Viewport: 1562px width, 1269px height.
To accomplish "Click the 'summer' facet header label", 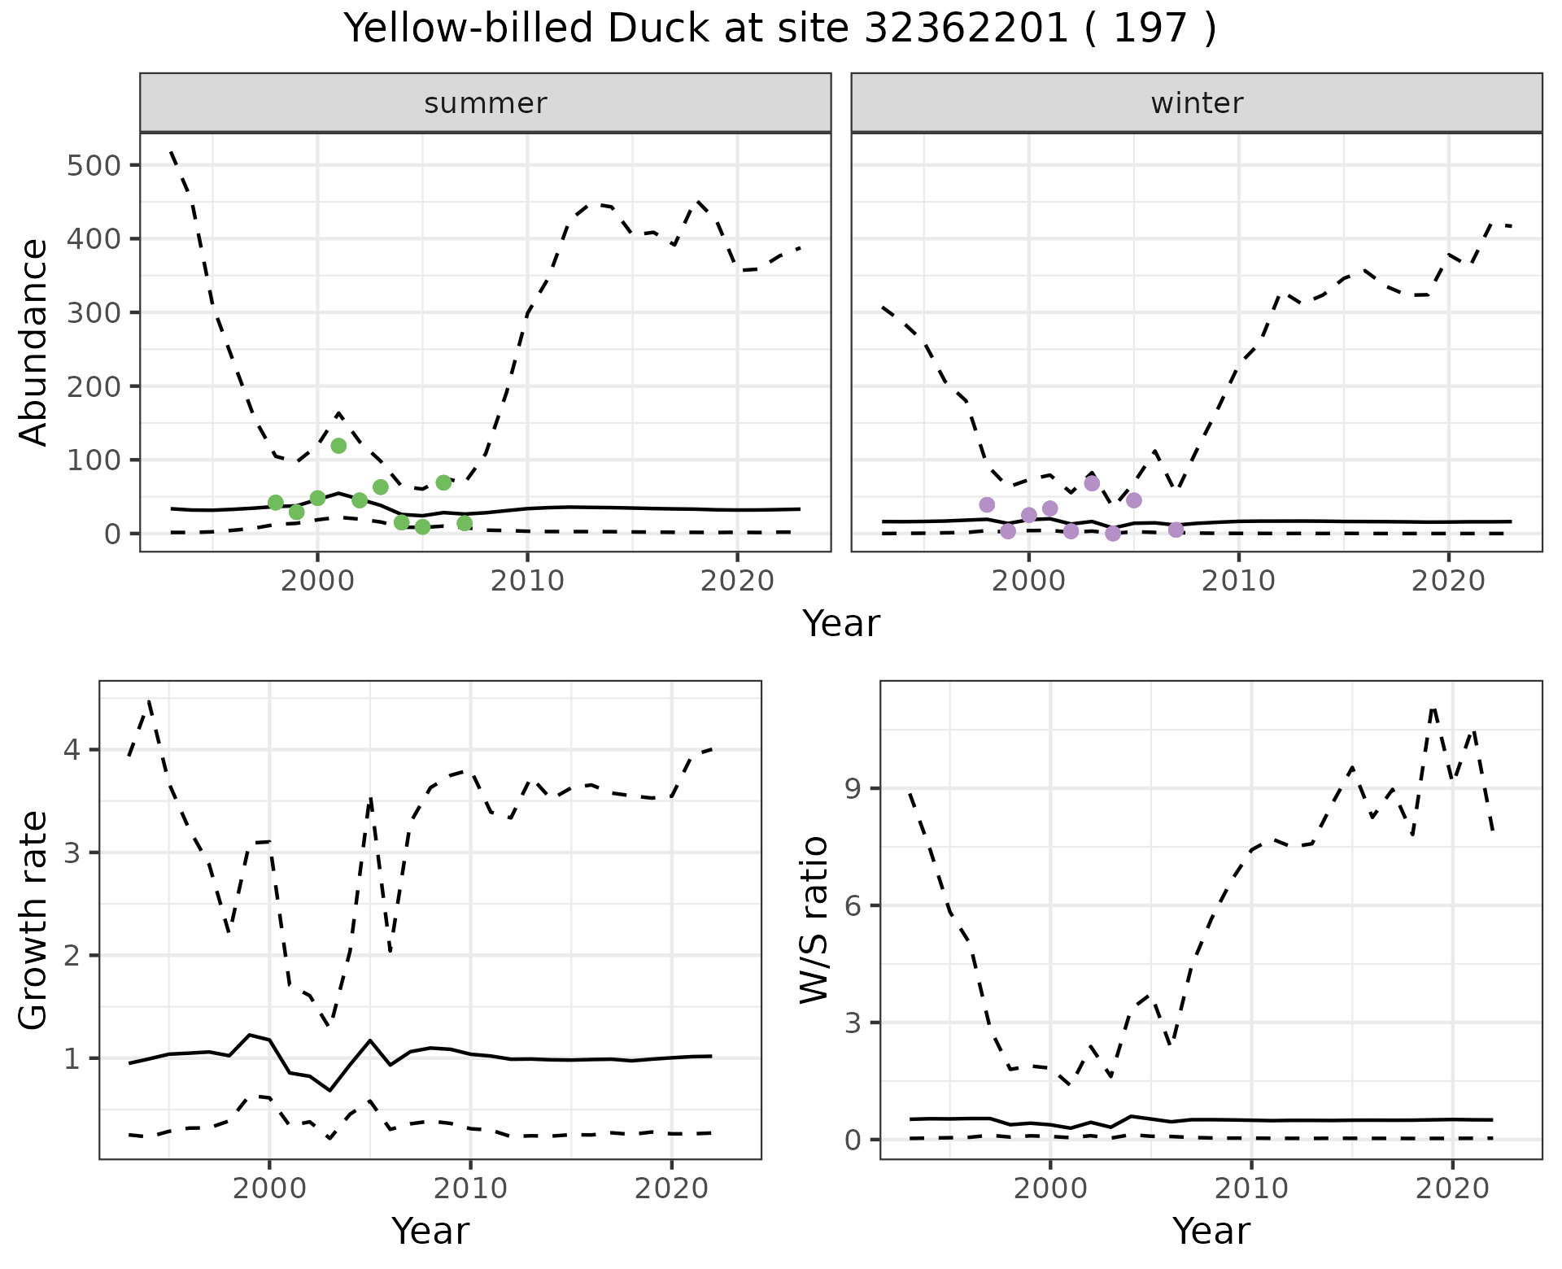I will (486, 103).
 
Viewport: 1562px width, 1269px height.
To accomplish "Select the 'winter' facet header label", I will (1197, 103).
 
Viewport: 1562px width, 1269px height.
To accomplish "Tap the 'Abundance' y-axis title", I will (34, 342).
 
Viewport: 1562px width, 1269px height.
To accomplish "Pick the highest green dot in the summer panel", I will (338, 446).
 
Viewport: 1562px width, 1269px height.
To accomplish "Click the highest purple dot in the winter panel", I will (1092, 483).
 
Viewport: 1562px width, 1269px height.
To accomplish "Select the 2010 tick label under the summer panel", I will (527, 581).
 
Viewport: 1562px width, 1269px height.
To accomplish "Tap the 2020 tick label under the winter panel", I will (1448, 581).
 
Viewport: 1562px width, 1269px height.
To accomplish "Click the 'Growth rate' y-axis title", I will (34, 919).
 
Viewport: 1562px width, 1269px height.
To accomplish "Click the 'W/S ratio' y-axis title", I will (814, 919).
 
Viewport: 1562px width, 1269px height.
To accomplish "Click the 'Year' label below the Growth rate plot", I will (430, 1231).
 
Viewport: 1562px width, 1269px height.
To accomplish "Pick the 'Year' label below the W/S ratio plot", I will (1211, 1231).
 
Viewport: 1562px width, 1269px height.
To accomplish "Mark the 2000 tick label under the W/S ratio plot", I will (1050, 1188).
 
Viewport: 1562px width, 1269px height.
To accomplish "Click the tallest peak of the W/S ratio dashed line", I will (1433, 707).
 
